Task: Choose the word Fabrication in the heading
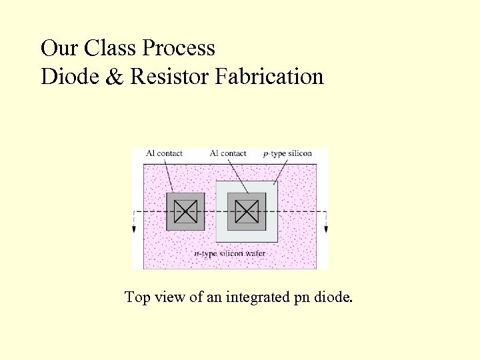click(x=269, y=77)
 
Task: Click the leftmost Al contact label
click(x=164, y=153)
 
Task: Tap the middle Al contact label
click(x=228, y=153)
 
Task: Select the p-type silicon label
click(x=287, y=153)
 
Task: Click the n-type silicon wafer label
click(x=230, y=253)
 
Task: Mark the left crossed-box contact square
click(x=185, y=212)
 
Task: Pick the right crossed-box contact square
click(x=247, y=212)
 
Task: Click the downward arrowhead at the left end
click(x=134, y=229)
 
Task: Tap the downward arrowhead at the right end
click(x=327, y=229)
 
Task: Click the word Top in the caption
click(x=137, y=297)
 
